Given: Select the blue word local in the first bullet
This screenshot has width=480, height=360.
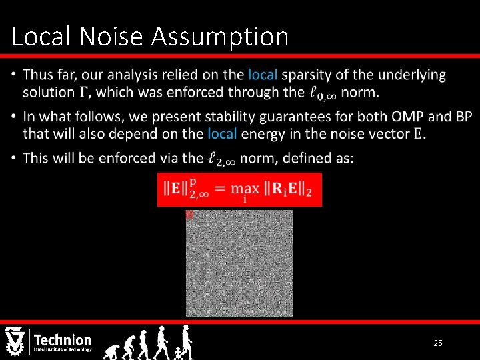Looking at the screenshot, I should [263, 75].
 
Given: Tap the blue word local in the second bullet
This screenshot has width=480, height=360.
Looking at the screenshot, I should [222, 133].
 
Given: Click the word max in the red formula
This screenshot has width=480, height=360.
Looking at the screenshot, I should [245, 187].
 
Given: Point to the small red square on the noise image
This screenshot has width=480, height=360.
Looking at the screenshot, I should [189, 215].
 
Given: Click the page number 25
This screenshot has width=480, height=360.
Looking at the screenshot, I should [438, 343].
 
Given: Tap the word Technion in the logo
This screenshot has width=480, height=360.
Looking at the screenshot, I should [62, 340].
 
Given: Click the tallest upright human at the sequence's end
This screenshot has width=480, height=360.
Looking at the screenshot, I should [187, 341].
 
